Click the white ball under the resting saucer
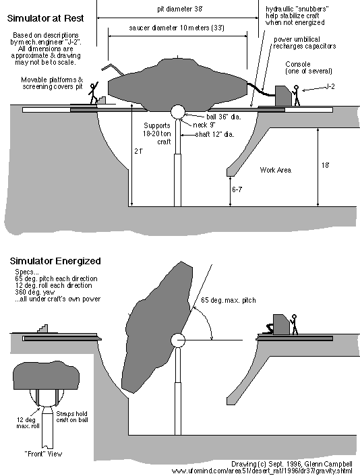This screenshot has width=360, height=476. (178, 112)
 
